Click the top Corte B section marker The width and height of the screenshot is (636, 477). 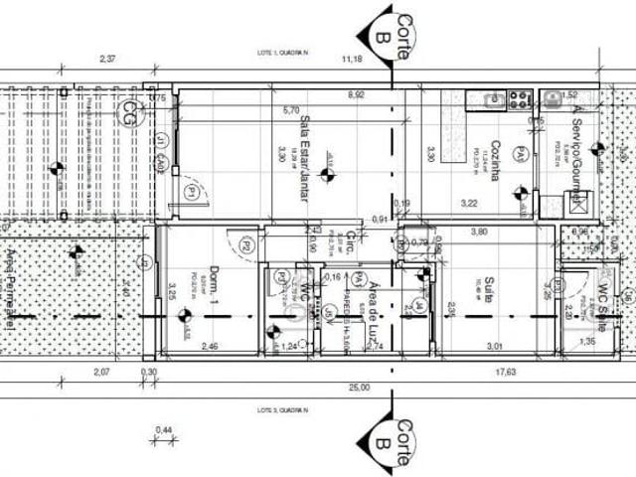[x=390, y=28]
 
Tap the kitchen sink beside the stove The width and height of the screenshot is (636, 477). [x=492, y=98]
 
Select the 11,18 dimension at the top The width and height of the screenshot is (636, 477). [x=354, y=61]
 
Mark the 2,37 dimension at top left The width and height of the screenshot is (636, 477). [x=108, y=61]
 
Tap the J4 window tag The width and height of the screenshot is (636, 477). [x=420, y=305]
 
